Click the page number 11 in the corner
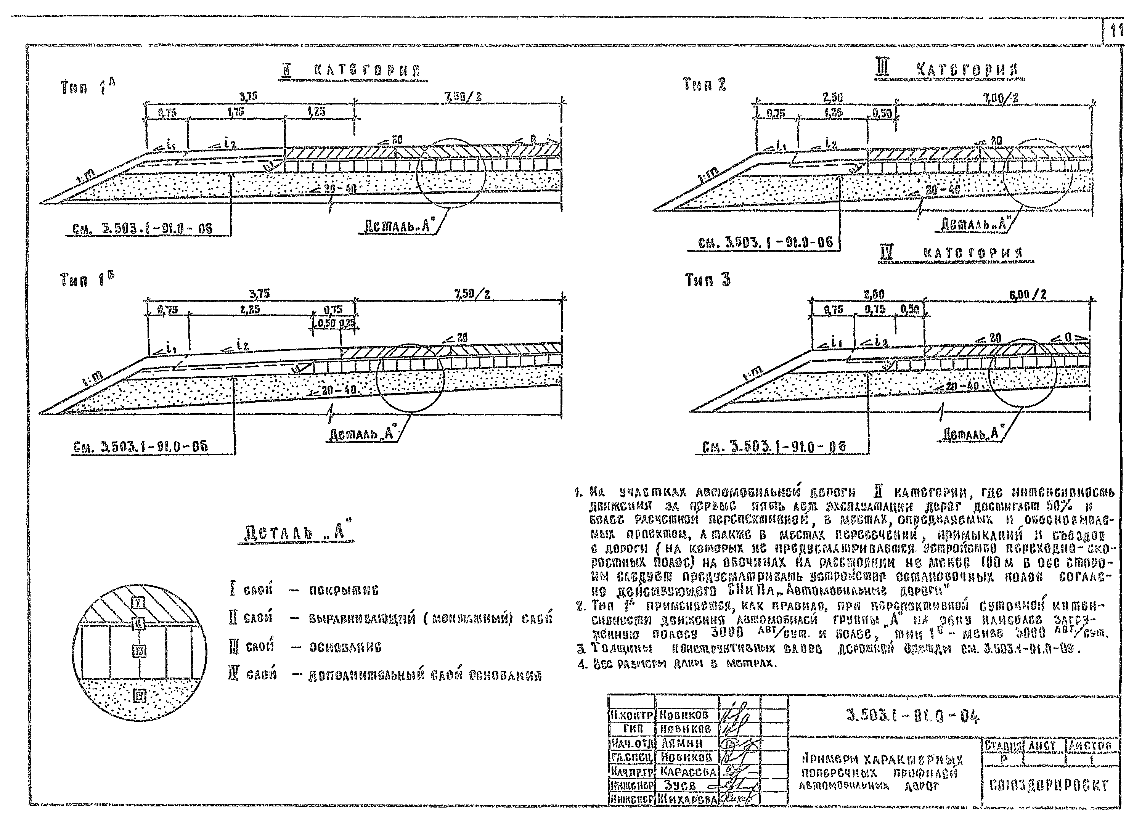(x=1117, y=32)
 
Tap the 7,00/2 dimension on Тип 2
(x=1001, y=98)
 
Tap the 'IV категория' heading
(x=951, y=252)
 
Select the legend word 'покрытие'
(x=344, y=590)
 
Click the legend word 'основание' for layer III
(x=345, y=647)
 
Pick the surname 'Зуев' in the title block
(x=680, y=785)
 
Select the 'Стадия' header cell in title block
(x=1002, y=745)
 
